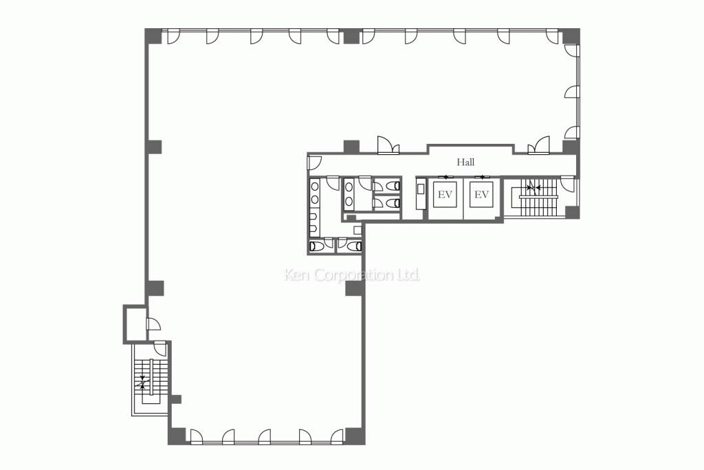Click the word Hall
pyautogui.click(x=465, y=162)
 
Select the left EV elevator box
pyautogui.click(x=445, y=195)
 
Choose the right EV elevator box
pyautogui.click(x=481, y=195)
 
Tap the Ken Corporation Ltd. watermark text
pyautogui.click(x=352, y=275)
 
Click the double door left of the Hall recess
pyautogui.click(x=388, y=146)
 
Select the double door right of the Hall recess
pyautogui.click(x=539, y=146)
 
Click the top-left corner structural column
pyautogui.click(x=153, y=36)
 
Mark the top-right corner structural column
pyautogui.click(x=571, y=36)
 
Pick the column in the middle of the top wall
pyautogui.click(x=352, y=36)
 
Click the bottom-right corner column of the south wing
pyautogui.click(x=355, y=436)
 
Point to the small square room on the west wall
pyautogui.click(x=135, y=324)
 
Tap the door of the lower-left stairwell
pyautogui.click(x=160, y=348)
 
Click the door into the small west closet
pyautogui.click(x=153, y=324)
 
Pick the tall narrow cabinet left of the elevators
pyautogui.click(x=421, y=193)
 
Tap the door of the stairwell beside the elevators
pyautogui.click(x=567, y=184)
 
